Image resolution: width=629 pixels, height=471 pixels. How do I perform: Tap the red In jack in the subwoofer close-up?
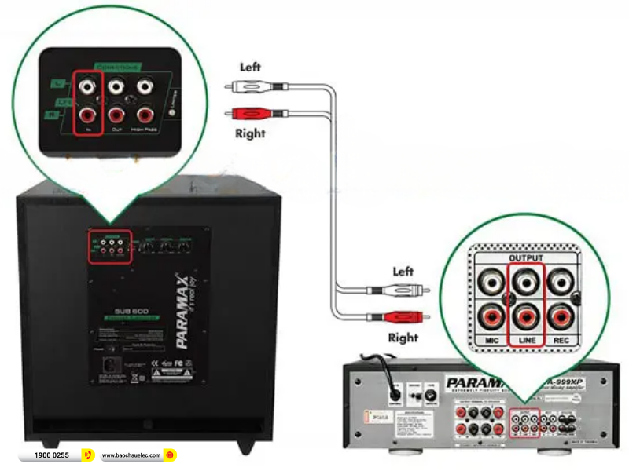pyautogui.click(x=89, y=115)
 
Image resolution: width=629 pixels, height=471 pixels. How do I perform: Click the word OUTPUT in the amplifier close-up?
pyautogui.click(x=526, y=257)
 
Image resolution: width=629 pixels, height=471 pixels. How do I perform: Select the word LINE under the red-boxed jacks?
pyautogui.click(x=526, y=340)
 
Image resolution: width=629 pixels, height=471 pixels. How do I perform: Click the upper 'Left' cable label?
pyautogui.click(x=250, y=68)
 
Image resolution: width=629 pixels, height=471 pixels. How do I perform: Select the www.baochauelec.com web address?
pyautogui.click(x=131, y=455)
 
